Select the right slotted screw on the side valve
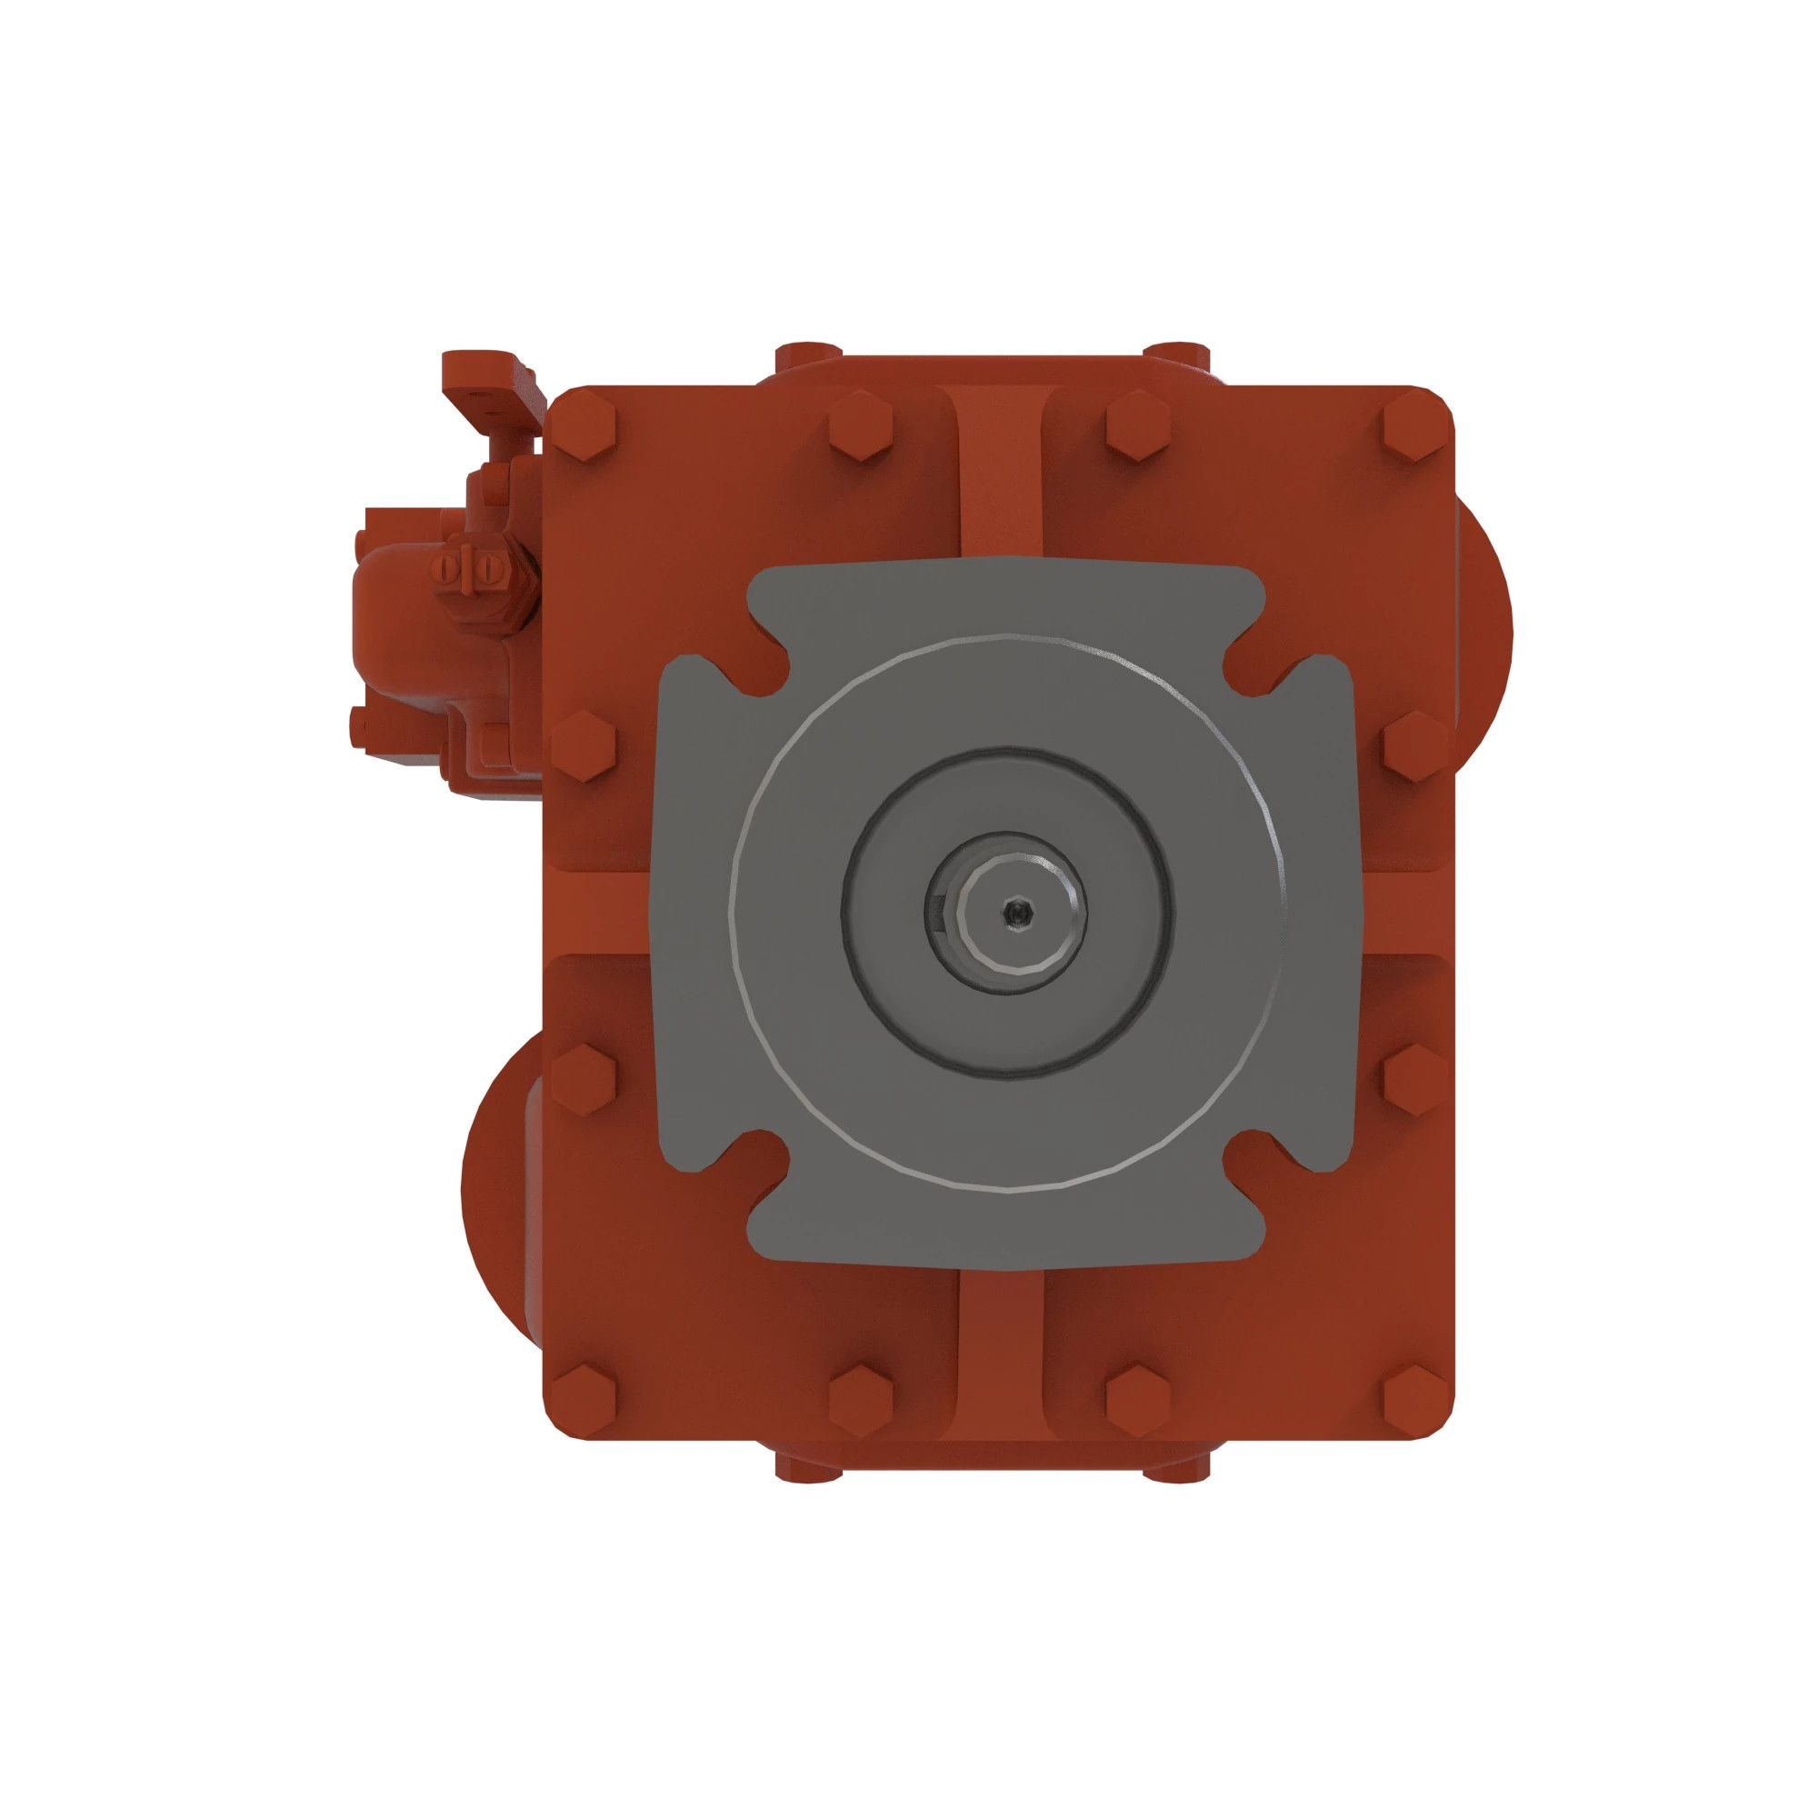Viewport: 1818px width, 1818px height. [485, 568]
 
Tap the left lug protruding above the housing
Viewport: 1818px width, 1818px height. [807, 357]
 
